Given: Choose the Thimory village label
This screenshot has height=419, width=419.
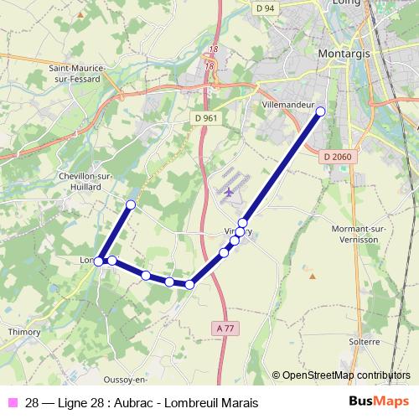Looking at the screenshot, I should [x=23, y=331].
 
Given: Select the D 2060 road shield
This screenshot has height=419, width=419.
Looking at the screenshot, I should [x=338, y=157].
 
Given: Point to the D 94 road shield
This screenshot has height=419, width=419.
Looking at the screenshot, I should [x=266, y=8].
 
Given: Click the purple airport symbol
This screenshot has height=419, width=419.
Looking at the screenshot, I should [x=229, y=192].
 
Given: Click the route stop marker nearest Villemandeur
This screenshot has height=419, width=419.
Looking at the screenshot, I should [x=319, y=111].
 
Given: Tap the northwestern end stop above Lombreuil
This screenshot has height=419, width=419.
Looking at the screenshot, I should [x=130, y=204].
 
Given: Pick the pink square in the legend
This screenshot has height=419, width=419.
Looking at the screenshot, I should [x=13, y=401].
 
